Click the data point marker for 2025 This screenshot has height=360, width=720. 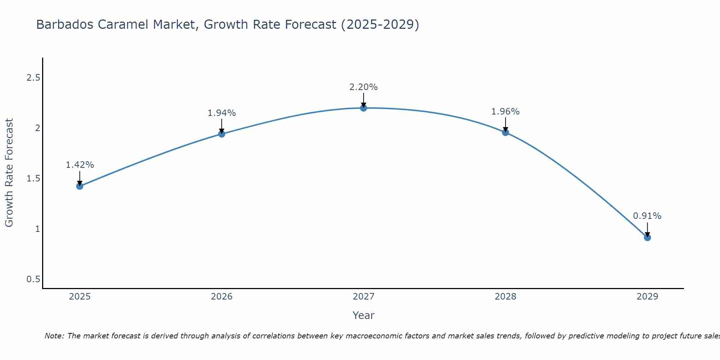tap(80, 186)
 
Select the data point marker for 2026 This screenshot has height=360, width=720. tap(222, 134)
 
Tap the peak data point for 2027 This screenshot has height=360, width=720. tap(364, 108)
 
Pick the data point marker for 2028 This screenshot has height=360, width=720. tap(505, 132)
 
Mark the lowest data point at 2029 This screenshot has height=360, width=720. tap(647, 238)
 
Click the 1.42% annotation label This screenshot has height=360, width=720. tap(80, 165)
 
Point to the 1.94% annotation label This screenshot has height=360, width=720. tap(222, 113)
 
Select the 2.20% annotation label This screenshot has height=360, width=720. tap(364, 87)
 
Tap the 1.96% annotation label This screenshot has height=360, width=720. tap(505, 112)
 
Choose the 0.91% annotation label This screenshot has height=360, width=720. tap(647, 216)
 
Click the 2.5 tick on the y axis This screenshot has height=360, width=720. tap(33, 78)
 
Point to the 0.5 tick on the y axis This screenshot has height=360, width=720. tap(33, 279)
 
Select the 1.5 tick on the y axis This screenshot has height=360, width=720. tap(33, 179)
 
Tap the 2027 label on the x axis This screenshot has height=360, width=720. tap(364, 297)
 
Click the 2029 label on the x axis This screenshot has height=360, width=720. tap(647, 297)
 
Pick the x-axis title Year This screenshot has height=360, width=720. tap(364, 315)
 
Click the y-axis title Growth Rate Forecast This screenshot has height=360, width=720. tap(9, 173)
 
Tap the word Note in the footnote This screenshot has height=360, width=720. tap(54, 336)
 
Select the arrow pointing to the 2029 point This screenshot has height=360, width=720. tap(647, 229)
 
